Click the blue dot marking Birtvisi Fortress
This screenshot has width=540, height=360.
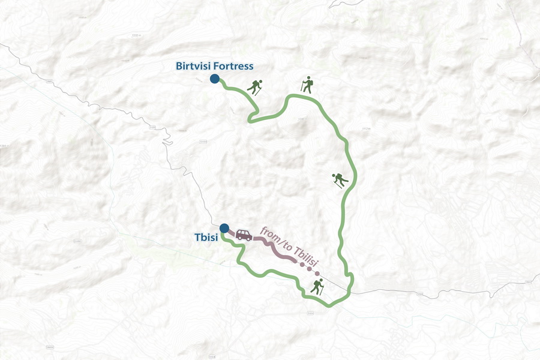coord(214,79)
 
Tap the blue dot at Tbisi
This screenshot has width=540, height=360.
coord(224,228)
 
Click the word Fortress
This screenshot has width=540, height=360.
coord(235,66)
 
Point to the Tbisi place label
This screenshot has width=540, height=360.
coord(205,238)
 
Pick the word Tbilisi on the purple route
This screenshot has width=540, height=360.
coord(305,259)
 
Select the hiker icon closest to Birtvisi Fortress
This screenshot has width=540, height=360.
coord(255,88)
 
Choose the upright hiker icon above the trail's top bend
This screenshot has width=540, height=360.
coord(307,85)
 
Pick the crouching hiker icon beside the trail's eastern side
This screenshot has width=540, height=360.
coord(339,179)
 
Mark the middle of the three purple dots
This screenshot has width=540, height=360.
coord(310,268)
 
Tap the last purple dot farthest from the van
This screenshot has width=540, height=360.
coord(317,274)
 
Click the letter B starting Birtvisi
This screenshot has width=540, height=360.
coord(179,66)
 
